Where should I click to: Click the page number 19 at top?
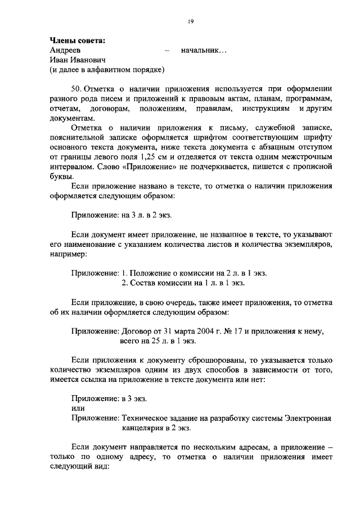[x=191, y=21]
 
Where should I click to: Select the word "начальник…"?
[x=204, y=50]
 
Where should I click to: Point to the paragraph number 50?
[x=77, y=88]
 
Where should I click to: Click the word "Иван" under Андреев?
[x=60, y=60]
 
